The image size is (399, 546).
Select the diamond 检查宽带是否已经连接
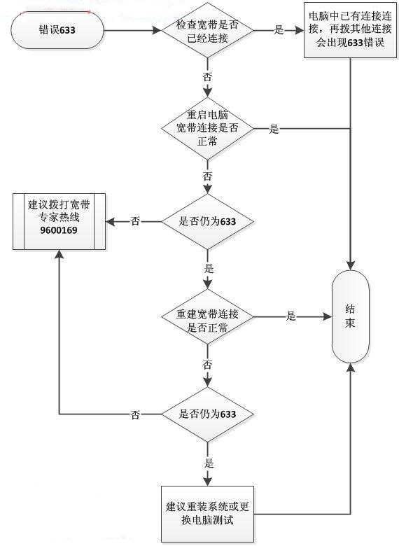[x=207, y=31]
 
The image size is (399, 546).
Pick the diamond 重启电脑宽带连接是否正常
[x=207, y=127]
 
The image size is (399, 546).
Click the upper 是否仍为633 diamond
[x=207, y=221]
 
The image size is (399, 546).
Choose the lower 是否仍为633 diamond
[x=207, y=414]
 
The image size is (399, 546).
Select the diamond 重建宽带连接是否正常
[x=207, y=317]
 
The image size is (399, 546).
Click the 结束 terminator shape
[x=349, y=316]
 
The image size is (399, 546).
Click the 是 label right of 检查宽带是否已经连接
[x=278, y=31]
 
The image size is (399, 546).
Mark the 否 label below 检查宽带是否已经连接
[x=207, y=78]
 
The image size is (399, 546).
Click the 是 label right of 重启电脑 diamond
[x=274, y=129]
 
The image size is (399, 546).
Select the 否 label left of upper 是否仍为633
[x=136, y=221]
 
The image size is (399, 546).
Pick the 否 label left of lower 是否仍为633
[x=136, y=414]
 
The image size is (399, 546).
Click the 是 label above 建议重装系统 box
[x=208, y=463]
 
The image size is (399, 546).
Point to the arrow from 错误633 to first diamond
[x=133, y=31]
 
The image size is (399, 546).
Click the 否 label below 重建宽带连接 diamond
[x=207, y=365]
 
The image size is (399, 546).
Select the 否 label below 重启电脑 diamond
[x=207, y=174]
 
